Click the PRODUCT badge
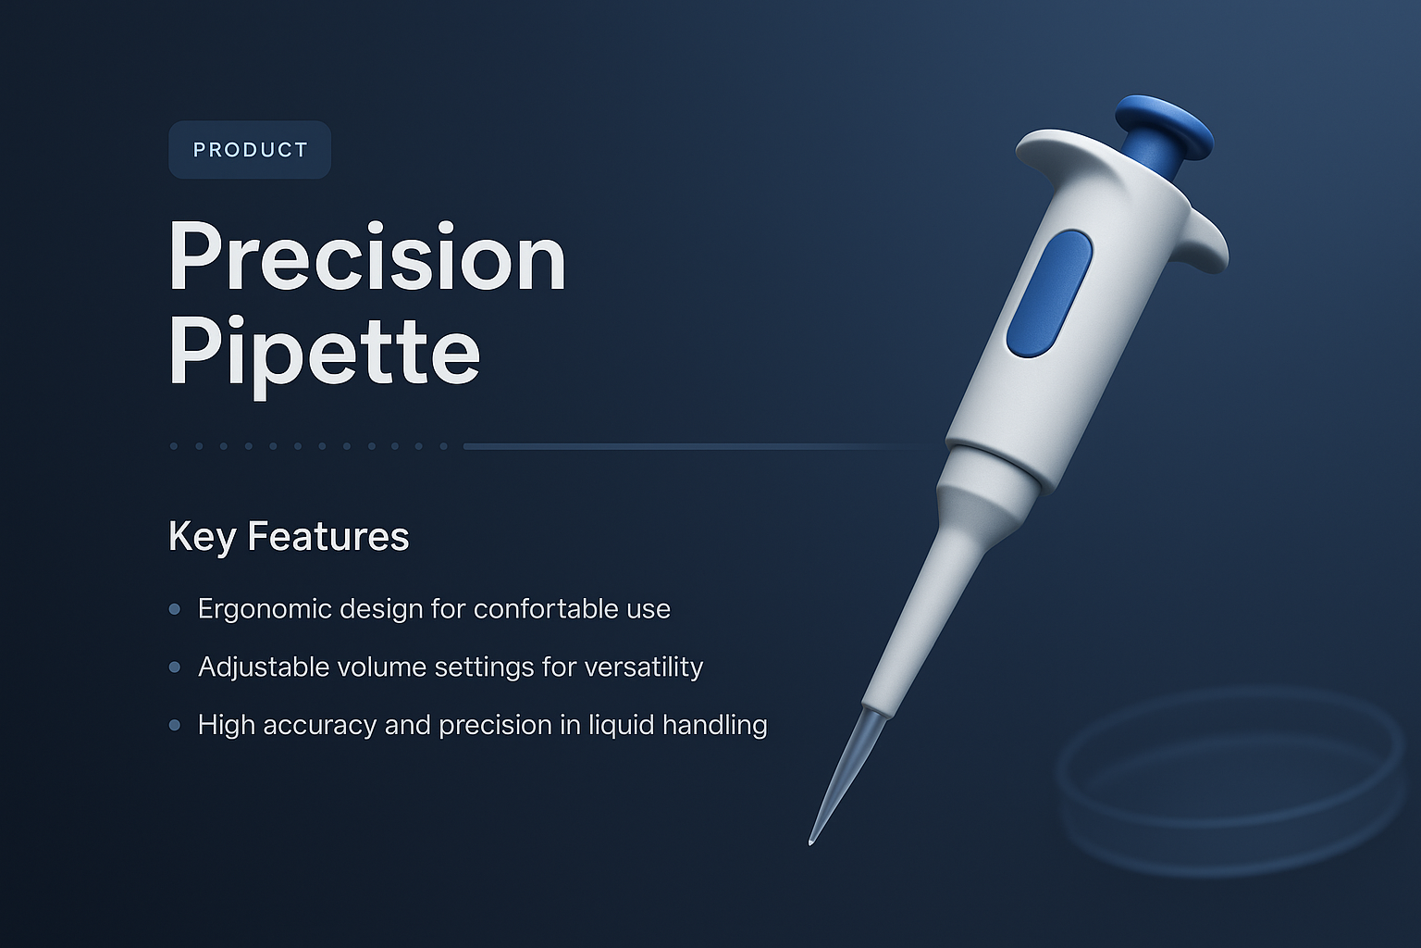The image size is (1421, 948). (x=250, y=150)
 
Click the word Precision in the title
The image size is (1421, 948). (x=366, y=259)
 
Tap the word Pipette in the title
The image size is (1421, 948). (x=324, y=353)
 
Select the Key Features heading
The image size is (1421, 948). (x=289, y=537)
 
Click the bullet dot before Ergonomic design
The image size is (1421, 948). (x=175, y=609)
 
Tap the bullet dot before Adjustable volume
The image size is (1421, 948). (x=175, y=667)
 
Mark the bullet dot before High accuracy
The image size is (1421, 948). (x=175, y=726)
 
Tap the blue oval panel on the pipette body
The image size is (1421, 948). (x=1049, y=293)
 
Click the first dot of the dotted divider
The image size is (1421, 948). (x=174, y=446)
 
